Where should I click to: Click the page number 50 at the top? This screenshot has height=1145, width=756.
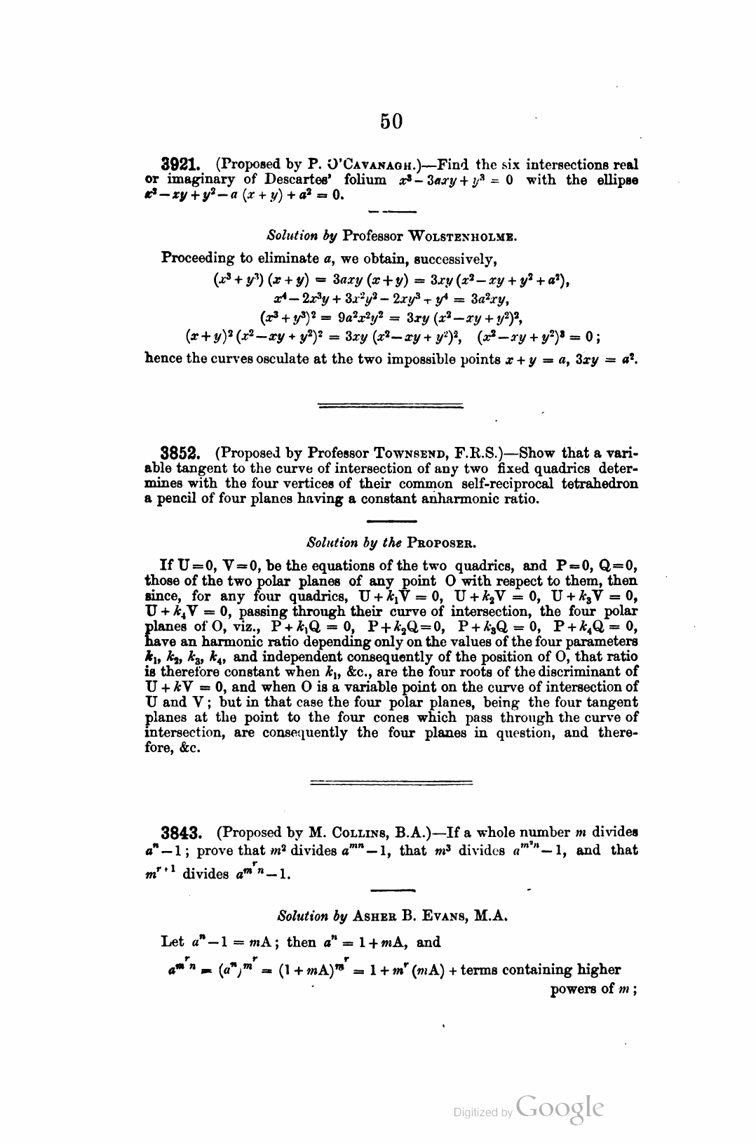(391, 121)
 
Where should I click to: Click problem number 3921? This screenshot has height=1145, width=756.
(182, 165)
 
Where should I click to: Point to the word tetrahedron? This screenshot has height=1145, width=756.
(601, 484)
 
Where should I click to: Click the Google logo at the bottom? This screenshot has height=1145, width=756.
(560, 1108)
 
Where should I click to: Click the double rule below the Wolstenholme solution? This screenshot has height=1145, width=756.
(391, 405)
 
